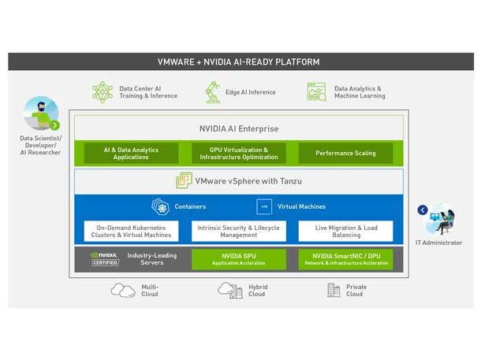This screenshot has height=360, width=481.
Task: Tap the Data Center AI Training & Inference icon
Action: point(103,92)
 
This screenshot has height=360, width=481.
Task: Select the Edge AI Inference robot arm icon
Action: point(212,92)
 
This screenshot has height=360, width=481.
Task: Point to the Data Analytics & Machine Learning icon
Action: point(316,92)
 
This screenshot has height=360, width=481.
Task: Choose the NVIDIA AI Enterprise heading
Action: point(238,128)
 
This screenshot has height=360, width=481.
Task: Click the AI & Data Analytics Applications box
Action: point(131,153)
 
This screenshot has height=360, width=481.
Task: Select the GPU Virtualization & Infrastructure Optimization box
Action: point(238,153)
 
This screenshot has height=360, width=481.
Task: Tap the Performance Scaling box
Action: point(345,153)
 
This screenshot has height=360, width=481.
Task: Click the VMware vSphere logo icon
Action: point(184,181)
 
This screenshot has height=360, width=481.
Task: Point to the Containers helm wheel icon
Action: point(161,207)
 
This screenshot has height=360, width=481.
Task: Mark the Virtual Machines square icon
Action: point(265,207)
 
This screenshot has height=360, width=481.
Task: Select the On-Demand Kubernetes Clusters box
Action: point(131,231)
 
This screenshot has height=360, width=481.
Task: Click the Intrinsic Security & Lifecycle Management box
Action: point(238,231)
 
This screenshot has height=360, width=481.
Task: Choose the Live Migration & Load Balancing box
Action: point(345,231)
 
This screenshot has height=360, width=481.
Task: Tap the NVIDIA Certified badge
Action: point(105,259)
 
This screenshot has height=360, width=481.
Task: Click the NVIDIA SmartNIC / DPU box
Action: point(345,259)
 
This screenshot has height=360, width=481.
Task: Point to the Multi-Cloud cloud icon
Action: point(123,291)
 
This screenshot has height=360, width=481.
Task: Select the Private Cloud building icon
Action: point(334,291)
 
